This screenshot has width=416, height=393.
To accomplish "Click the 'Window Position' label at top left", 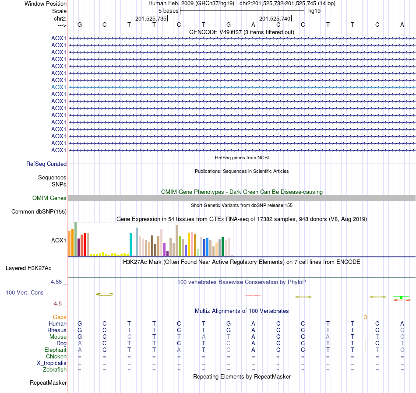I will point(46,4).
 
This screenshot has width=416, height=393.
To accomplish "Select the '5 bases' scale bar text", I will point(168,11).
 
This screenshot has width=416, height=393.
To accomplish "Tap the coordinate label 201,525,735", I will point(151,18).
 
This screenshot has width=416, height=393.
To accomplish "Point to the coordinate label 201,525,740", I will point(275,18).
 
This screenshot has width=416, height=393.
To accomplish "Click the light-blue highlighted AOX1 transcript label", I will point(59,87).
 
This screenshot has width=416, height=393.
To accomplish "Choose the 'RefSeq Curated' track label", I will point(46,164).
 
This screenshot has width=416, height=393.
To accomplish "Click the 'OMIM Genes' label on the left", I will point(49,198).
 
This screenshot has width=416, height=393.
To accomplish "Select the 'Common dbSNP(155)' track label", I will point(39,212).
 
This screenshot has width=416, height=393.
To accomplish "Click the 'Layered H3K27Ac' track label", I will point(32,268).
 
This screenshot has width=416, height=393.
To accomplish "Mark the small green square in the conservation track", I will point(401,298).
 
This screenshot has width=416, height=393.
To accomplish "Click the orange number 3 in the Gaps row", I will point(365,317).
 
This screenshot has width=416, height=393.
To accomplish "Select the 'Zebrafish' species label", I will point(55,369).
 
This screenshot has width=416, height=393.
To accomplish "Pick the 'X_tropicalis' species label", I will point(52,363).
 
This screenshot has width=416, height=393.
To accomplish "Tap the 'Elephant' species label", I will point(55,350).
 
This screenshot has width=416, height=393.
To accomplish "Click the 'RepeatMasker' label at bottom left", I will point(48,383).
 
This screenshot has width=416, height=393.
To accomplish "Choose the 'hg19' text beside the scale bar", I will point(314,11).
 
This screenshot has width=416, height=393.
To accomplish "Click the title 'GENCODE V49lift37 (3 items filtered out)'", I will point(241,32).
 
